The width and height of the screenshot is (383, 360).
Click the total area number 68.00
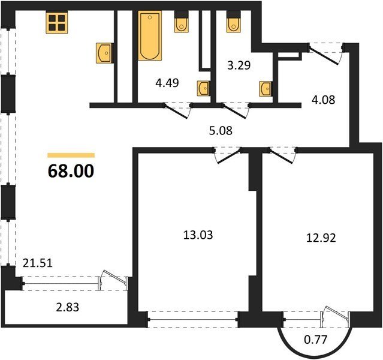click(71, 171)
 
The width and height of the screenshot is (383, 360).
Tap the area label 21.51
click(38, 263)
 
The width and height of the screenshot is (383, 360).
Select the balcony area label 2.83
click(67, 307)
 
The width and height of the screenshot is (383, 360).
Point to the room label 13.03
click(198, 235)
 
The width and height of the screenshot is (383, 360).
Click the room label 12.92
click(321, 238)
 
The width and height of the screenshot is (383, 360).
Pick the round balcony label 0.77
click(315, 340)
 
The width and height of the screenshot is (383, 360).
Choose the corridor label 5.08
click(221, 131)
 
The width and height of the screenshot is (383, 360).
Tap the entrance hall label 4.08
click(324, 100)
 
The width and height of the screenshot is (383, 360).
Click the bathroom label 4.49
click(167, 83)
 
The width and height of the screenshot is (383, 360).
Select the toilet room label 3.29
click(239, 65)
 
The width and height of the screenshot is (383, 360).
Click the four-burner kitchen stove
click(57, 23)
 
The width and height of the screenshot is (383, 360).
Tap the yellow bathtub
click(150, 35)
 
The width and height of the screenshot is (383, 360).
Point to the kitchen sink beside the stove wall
click(105, 53)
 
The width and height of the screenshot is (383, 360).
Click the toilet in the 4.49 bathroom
click(181, 22)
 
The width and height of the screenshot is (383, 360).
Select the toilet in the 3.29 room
click(234, 22)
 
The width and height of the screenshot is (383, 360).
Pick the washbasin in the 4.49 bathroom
click(204, 89)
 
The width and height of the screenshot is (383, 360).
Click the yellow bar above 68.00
click(71, 155)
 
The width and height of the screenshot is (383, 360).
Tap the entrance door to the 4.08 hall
click(325, 54)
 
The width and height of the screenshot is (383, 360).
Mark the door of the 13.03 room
click(228, 155)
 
